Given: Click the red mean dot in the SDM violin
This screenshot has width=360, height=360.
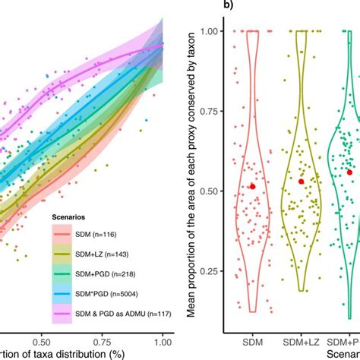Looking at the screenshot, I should pyautogui.click(x=253, y=186).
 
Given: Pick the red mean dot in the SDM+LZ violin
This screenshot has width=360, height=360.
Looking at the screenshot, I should pyautogui.click(x=302, y=182).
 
